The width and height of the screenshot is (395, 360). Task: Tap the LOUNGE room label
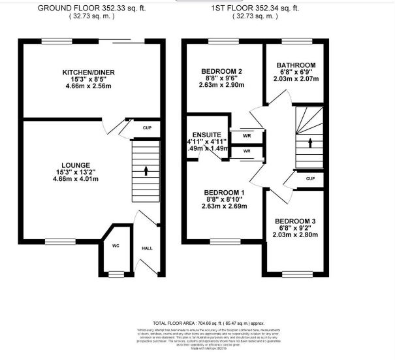point(77,165)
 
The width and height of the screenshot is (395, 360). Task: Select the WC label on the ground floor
point(115,246)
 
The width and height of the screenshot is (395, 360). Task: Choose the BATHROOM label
point(296,65)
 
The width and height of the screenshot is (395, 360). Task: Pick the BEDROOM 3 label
point(296,221)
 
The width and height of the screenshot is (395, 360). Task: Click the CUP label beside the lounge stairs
point(147,128)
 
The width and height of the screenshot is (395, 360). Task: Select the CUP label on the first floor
point(310,178)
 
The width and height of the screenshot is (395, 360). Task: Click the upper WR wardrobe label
point(246,137)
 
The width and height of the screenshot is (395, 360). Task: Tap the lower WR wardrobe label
point(246,151)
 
